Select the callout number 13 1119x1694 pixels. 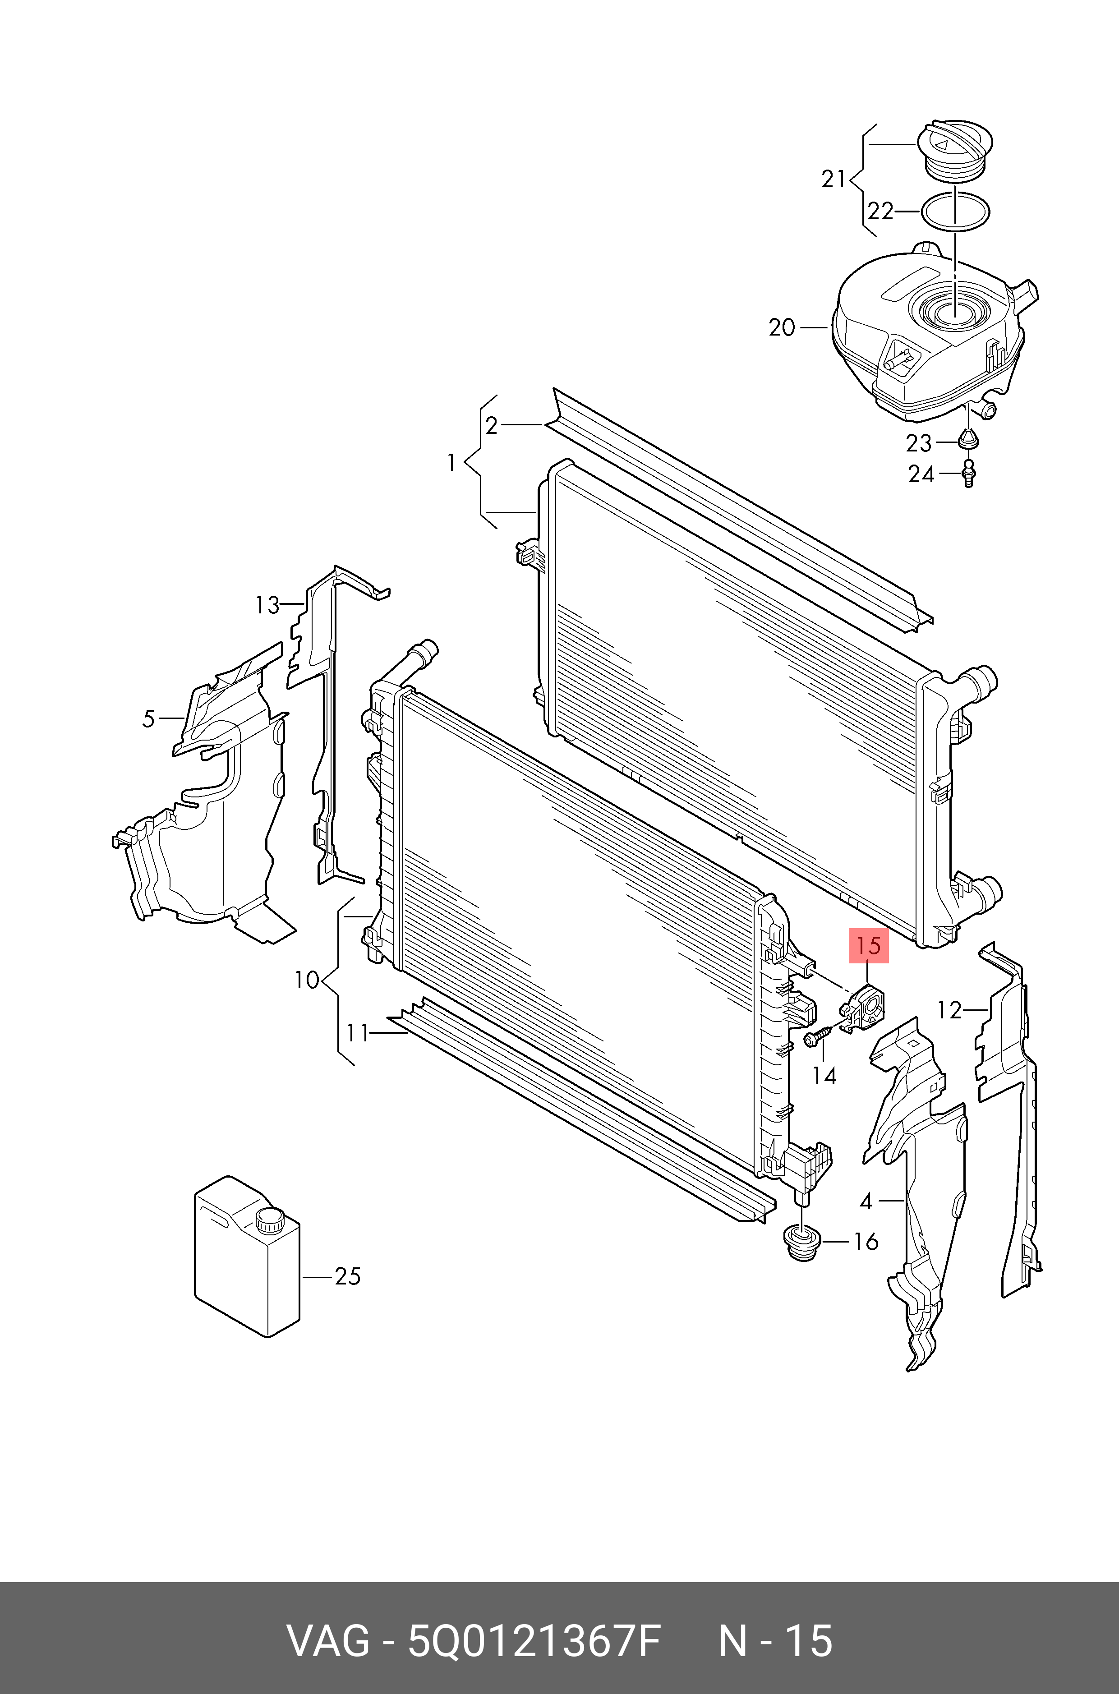click(267, 606)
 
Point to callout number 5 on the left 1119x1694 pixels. click(148, 718)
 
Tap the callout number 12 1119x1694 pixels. click(949, 1010)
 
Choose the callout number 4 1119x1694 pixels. click(866, 1201)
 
